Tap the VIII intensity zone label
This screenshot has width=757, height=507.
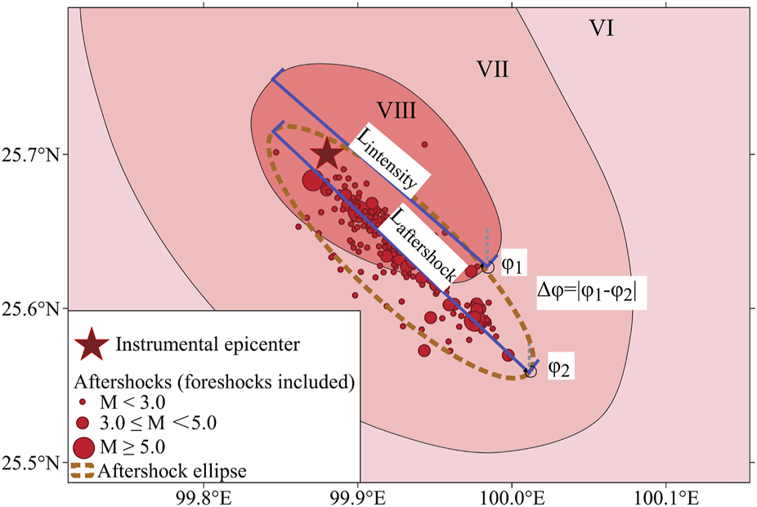(x=398, y=110)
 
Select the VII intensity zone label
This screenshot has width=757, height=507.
(x=493, y=70)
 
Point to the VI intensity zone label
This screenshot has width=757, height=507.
(x=602, y=29)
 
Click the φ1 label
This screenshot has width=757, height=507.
(x=512, y=266)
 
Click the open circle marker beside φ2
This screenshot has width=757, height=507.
(x=531, y=372)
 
